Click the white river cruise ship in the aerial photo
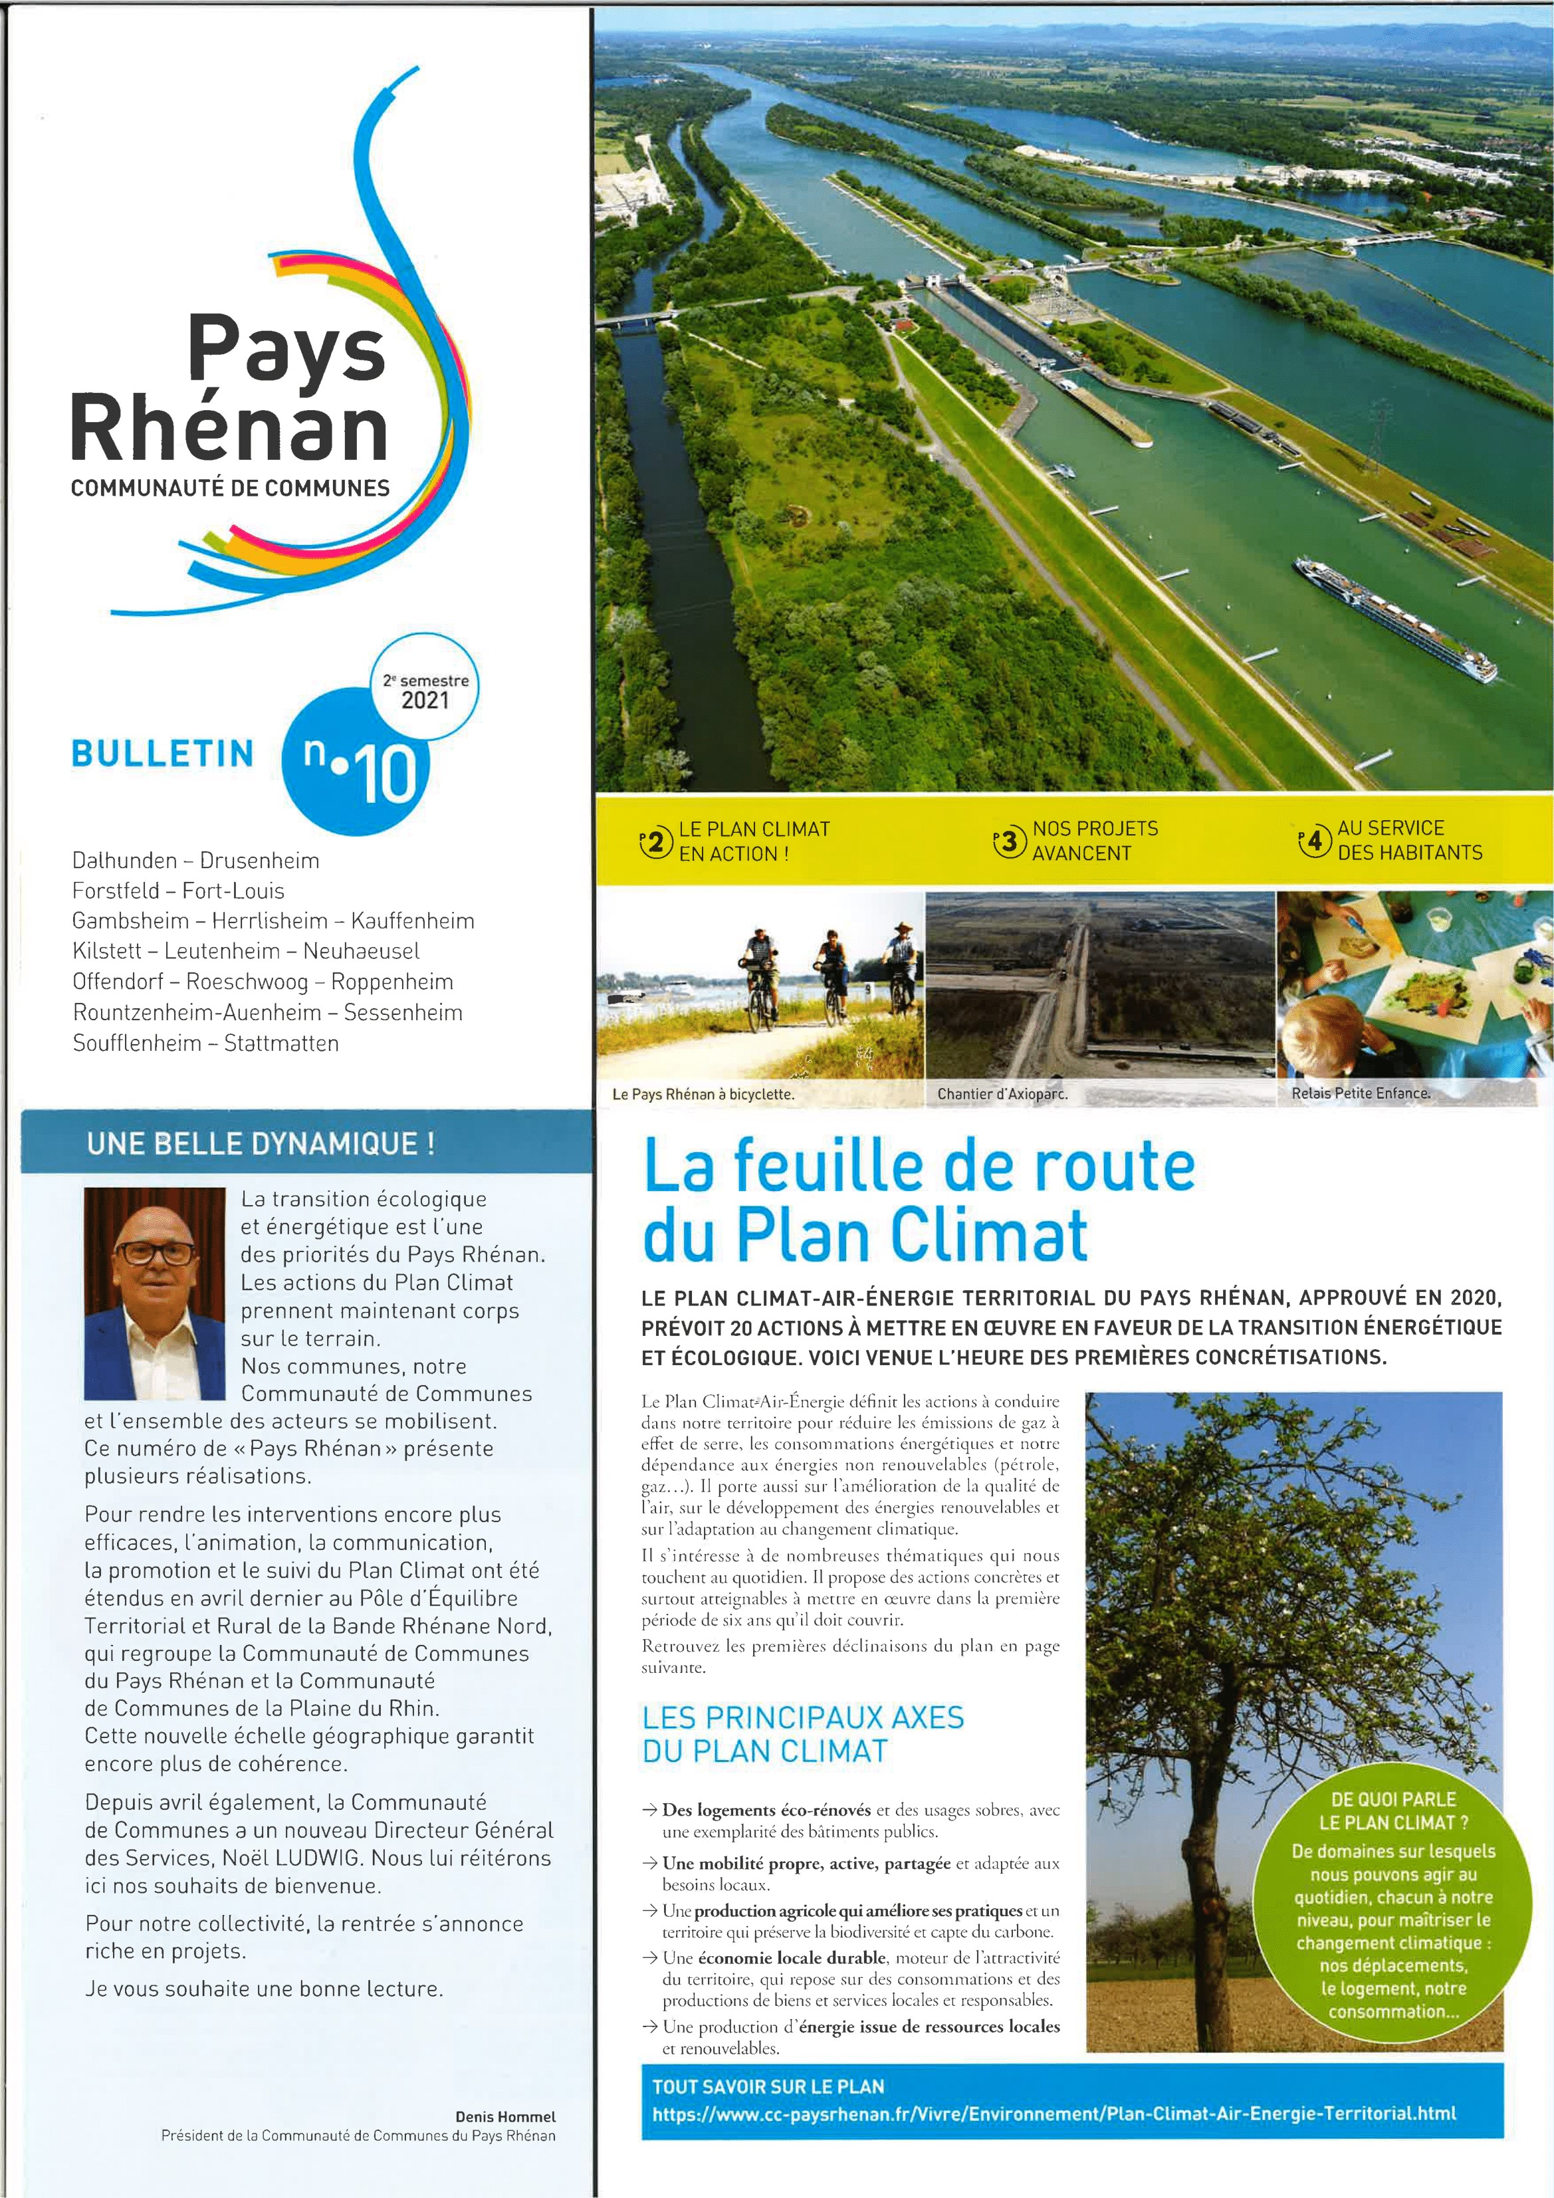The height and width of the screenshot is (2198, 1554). coord(1394,618)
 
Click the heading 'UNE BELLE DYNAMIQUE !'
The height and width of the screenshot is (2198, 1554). coord(261,1143)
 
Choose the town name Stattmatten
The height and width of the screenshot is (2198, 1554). coord(282,1043)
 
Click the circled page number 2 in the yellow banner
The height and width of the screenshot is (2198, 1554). coord(656,842)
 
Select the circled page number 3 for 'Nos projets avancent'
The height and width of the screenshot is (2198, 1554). coord(1009,842)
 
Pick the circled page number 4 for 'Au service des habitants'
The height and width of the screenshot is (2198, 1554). coord(1315,842)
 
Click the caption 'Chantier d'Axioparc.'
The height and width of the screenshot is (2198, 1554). coord(1002,1093)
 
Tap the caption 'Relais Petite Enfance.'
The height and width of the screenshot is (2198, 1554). coord(1361,1092)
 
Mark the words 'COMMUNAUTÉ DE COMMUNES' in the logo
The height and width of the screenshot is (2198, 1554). coord(231,487)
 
